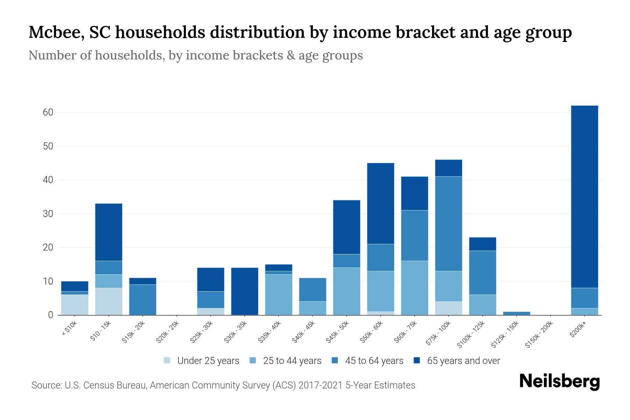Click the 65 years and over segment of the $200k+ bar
(x=584, y=196)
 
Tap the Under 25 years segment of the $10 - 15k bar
(x=109, y=301)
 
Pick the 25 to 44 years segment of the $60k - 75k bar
(x=414, y=288)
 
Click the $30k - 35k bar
(x=245, y=291)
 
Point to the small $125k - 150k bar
(x=517, y=313)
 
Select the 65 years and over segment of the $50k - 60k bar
(x=380, y=203)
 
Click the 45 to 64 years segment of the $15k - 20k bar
(x=143, y=300)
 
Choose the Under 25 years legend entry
(x=208, y=361)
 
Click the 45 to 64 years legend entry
(x=374, y=361)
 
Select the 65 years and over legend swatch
(x=417, y=360)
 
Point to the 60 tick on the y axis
(x=48, y=112)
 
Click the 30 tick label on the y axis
(x=48, y=214)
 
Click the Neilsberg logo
(x=559, y=382)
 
